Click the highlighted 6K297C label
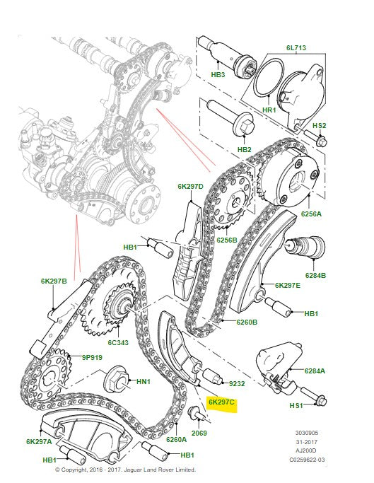click(x=220, y=404)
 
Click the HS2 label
click(x=320, y=125)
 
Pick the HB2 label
click(x=245, y=149)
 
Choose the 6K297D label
click(x=190, y=187)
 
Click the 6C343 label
click(x=117, y=342)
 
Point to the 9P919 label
click(x=93, y=358)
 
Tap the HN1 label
click(x=144, y=382)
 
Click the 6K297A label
click(x=38, y=441)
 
